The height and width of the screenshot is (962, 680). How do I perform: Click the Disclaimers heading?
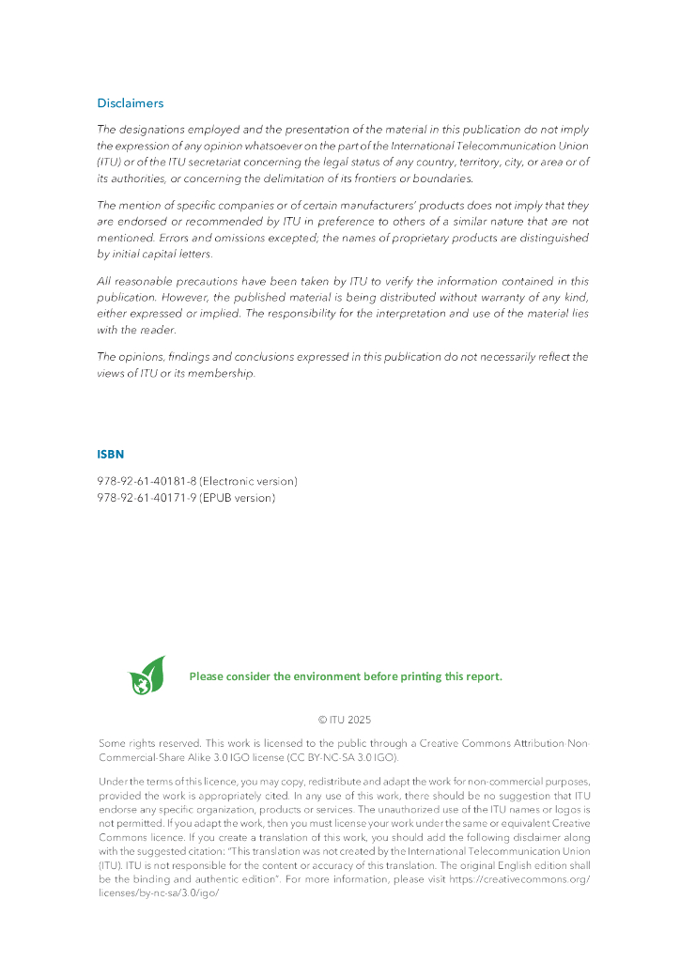click(x=130, y=103)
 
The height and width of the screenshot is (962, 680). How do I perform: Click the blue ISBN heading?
click(x=110, y=455)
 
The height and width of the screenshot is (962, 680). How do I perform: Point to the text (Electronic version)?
click(x=248, y=481)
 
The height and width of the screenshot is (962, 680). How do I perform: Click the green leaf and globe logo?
click(x=147, y=675)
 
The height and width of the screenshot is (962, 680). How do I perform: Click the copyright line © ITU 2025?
click(x=345, y=721)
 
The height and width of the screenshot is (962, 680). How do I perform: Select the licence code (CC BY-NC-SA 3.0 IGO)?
click(x=345, y=757)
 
